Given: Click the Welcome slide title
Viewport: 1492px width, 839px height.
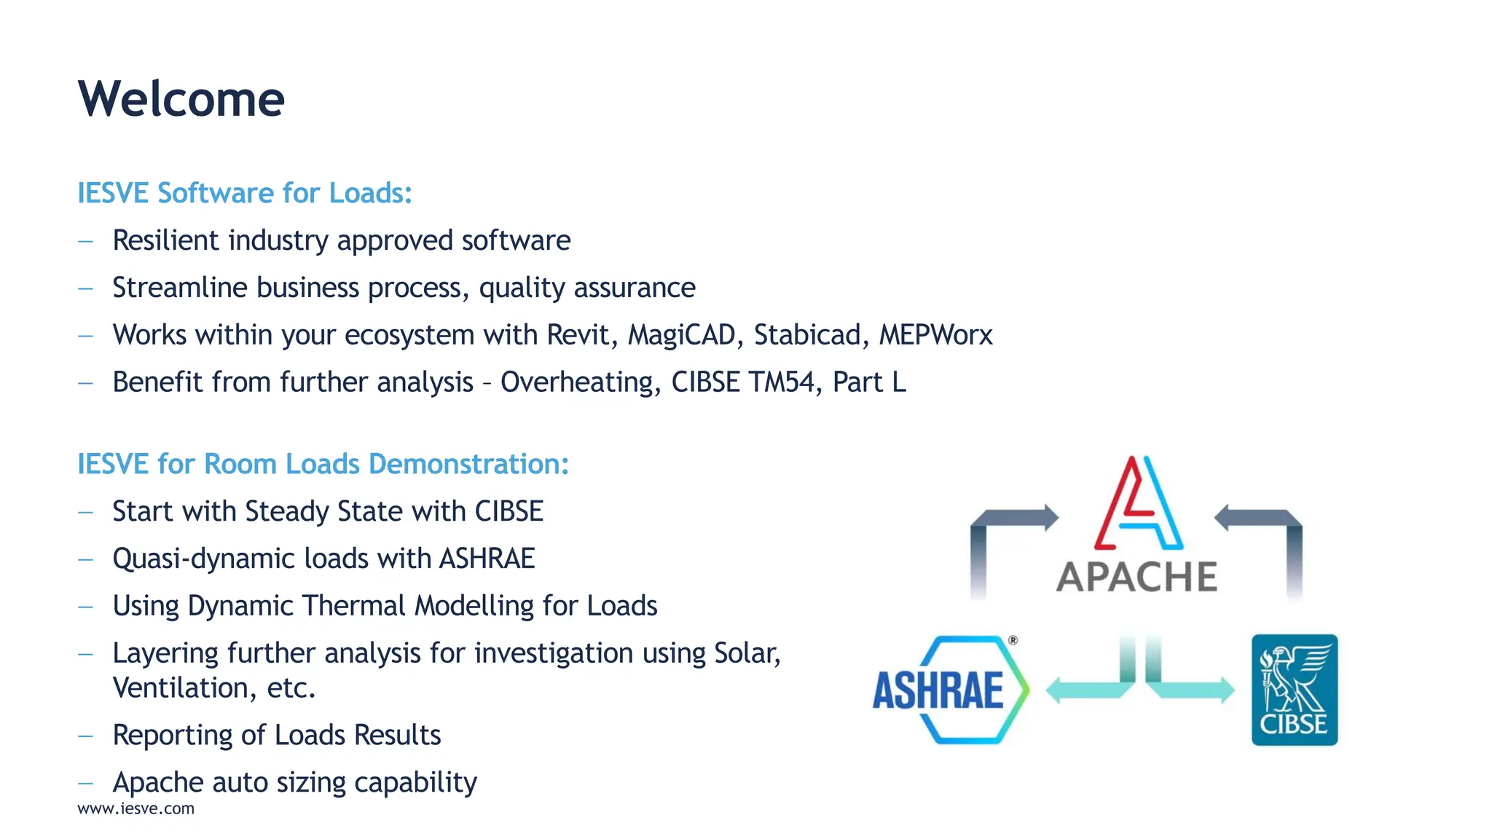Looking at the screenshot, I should (x=181, y=99).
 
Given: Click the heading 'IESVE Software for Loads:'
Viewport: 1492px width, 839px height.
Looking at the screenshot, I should (x=245, y=193).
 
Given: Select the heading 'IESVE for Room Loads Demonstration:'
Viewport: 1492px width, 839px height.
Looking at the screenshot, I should (x=323, y=464).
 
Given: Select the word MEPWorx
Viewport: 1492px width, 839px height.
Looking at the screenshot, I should (x=935, y=335).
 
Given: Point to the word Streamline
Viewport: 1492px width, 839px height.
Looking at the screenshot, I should (x=180, y=288).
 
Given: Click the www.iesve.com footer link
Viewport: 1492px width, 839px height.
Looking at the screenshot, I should (x=136, y=808).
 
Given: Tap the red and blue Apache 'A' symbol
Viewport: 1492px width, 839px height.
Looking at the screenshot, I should (x=1137, y=503).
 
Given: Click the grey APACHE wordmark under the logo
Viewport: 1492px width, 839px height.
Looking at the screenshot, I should (x=1136, y=577).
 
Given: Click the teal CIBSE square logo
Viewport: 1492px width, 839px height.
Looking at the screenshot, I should (x=1294, y=690).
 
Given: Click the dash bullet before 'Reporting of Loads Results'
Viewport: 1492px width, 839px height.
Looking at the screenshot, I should (x=86, y=736).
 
